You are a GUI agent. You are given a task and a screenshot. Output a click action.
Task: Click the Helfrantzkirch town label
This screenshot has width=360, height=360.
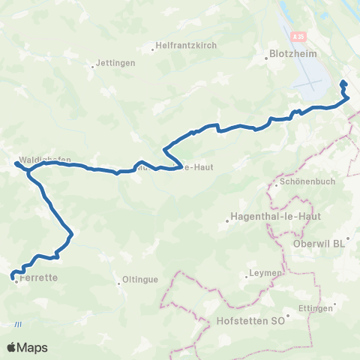[186, 45]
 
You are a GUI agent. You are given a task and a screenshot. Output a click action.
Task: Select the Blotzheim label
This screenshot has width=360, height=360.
[289, 54]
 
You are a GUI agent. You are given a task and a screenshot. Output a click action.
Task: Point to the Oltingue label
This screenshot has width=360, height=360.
[140, 281]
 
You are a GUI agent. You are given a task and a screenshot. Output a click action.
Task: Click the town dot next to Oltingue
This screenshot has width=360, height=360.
[119, 283]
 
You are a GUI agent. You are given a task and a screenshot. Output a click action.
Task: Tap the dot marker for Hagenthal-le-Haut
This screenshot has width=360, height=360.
[228, 220]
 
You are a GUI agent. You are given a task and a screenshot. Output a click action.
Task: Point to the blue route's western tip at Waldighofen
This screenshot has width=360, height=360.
[16, 162]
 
